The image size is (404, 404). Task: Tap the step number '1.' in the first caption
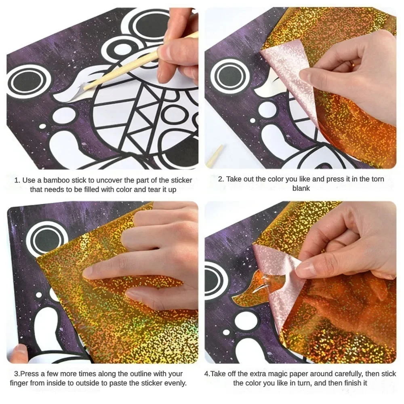(17, 180)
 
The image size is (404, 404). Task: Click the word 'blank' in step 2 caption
(301, 188)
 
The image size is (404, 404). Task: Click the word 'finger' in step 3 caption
(20, 383)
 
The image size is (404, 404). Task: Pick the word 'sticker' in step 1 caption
(180, 180)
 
